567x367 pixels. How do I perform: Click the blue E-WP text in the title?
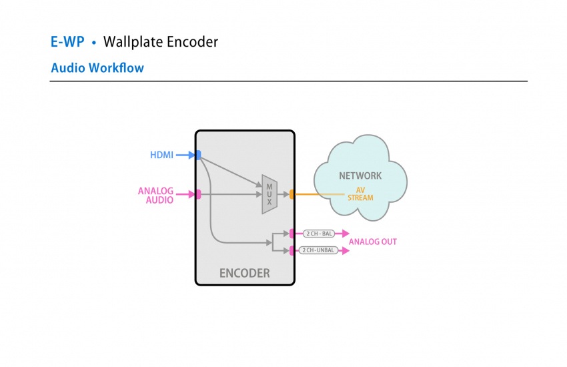coord(67,42)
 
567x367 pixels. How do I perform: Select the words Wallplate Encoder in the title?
coord(160,42)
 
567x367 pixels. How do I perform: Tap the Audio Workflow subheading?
coord(97,68)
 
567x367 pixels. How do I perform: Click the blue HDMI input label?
coord(161,155)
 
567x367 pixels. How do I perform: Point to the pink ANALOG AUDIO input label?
coord(155,195)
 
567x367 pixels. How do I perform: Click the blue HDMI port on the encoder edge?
coord(198,155)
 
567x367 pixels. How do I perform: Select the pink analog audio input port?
coord(198,194)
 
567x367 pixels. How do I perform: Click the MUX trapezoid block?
coord(269,194)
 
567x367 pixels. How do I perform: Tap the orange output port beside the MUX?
coord(292,194)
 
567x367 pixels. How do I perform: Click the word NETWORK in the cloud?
coord(360,176)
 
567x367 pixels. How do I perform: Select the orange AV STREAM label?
coord(360,194)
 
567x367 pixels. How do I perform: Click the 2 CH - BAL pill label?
coord(318,234)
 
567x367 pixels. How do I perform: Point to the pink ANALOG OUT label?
coord(372,242)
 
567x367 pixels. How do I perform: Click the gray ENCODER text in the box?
coord(245,273)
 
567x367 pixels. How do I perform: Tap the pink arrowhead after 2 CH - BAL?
coord(345,234)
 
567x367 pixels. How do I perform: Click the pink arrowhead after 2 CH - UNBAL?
coord(345,250)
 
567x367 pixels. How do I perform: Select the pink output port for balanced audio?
coord(292,234)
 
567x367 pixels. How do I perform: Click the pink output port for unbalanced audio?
coord(292,250)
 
